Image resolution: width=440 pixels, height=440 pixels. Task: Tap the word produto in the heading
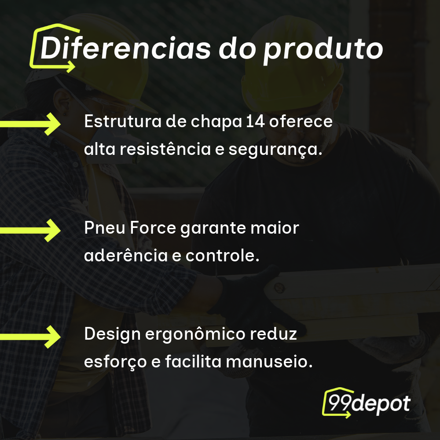323,49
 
